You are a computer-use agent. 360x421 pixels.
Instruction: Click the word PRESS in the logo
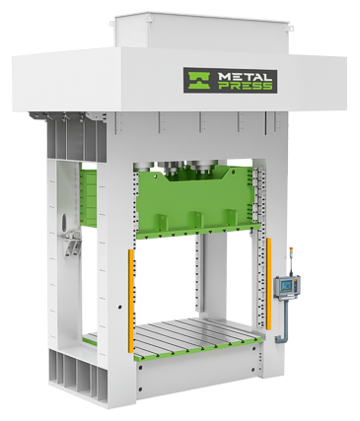coord(245,86)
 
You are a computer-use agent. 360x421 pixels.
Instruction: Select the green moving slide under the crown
coord(197,203)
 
